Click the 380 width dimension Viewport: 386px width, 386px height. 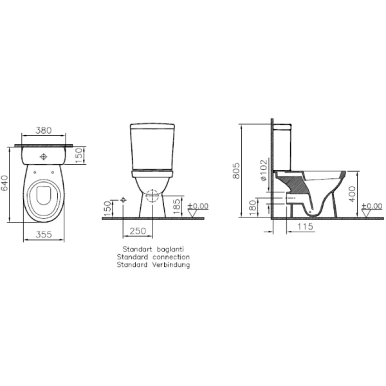(44, 130)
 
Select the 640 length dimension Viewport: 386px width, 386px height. (5, 183)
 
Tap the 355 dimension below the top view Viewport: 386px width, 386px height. (44, 234)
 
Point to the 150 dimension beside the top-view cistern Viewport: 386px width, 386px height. (78, 155)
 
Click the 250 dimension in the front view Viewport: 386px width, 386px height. (138, 231)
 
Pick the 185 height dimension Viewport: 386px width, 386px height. (177, 207)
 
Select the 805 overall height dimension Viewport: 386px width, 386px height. (236, 170)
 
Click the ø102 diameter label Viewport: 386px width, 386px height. (263, 170)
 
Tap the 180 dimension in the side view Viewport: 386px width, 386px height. (253, 208)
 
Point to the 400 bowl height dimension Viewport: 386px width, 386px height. (353, 194)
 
